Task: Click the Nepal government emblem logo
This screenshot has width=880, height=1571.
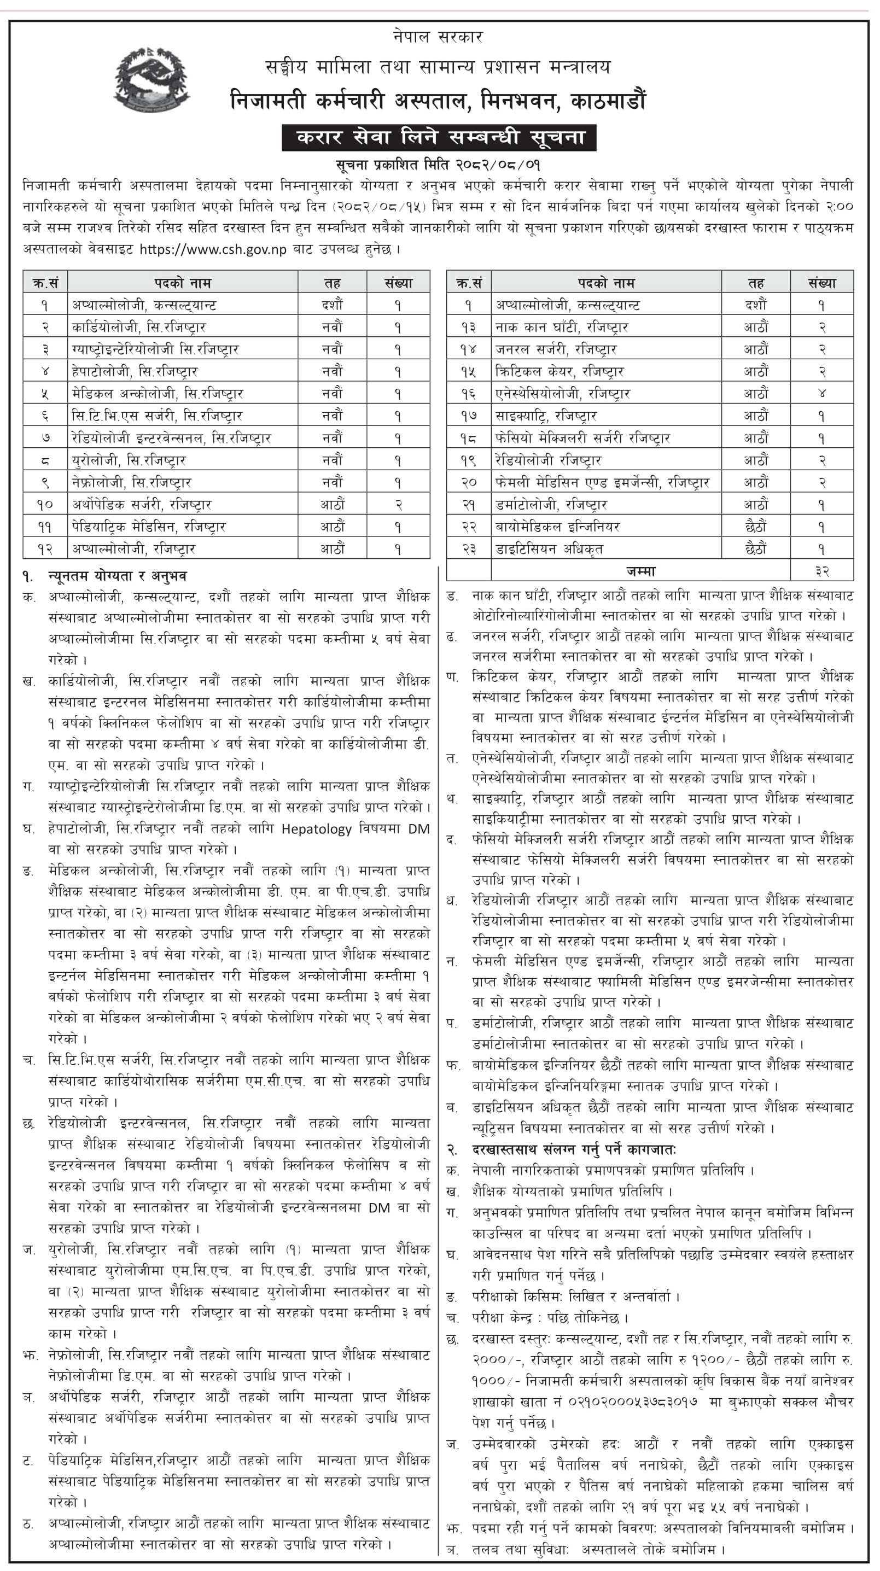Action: click(x=151, y=81)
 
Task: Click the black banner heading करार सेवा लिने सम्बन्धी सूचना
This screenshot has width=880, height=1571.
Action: click(x=439, y=137)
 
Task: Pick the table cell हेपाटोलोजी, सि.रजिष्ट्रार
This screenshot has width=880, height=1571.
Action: click(x=135, y=371)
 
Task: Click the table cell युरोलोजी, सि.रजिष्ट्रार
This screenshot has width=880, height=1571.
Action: click(x=129, y=460)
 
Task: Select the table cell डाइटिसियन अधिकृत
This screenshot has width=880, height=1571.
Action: click(x=549, y=549)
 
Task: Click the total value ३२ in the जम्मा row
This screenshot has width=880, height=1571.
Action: click(x=821, y=571)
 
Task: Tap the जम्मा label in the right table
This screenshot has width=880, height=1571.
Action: click(x=640, y=571)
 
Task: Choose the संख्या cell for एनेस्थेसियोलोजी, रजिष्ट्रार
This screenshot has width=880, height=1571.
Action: click(x=821, y=394)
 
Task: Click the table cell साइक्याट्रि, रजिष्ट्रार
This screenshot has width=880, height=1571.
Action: click(x=546, y=416)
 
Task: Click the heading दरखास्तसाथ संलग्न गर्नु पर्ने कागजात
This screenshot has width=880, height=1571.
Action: click(x=573, y=1149)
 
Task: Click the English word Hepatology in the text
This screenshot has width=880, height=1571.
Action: click(x=317, y=829)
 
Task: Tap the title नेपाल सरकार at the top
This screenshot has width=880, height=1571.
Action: click(x=438, y=37)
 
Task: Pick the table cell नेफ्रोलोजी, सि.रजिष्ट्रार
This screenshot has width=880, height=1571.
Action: click(x=132, y=482)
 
